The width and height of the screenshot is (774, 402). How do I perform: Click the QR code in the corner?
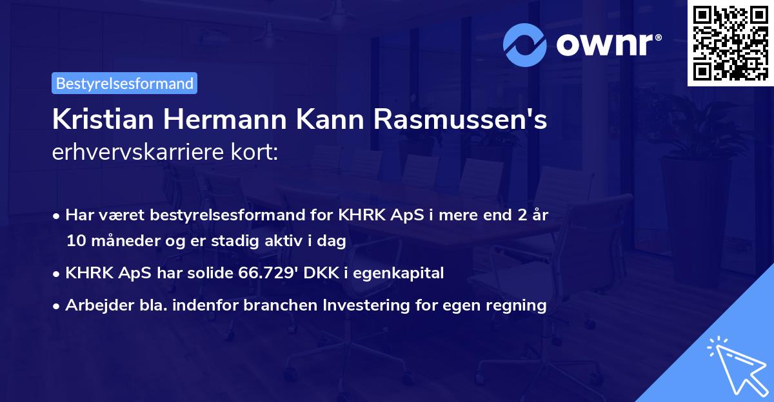[730, 43]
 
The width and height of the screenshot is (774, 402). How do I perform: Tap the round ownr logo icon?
[526, 44]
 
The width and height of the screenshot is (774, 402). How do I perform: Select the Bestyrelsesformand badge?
[124, 83]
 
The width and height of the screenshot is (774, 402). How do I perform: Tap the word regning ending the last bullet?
[519, 305]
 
